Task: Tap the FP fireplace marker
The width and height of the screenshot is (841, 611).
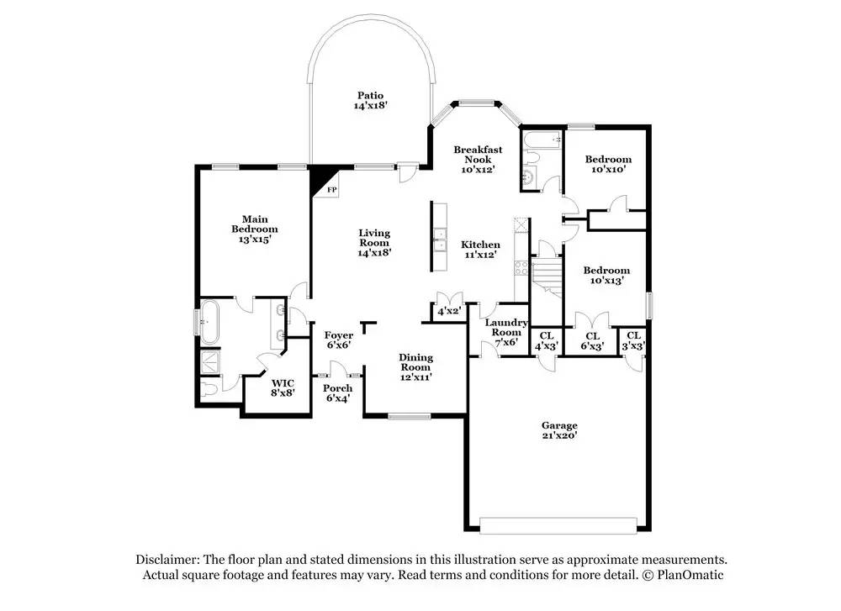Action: [x=332, y=190]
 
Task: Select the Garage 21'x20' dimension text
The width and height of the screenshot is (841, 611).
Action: [x=559, y=435]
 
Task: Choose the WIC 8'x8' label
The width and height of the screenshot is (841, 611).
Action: [x=283, y=388]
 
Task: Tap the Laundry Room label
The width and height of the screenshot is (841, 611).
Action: [x=506, y=328]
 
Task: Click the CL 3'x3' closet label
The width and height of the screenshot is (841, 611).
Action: [x=633, y=341]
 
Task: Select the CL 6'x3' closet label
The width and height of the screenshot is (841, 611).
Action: [x=593, y=341]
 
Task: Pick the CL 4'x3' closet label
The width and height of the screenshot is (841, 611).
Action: [x=547, y=341]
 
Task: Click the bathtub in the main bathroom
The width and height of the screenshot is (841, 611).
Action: [x=209, y=322]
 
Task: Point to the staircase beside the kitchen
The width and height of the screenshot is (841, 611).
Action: [x=546, y=277]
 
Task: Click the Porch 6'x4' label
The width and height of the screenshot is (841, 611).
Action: [x=338, y=392]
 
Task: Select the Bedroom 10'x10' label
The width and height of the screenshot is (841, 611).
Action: [x=608, y=164]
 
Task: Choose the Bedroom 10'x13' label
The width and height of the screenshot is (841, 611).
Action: [x=606, y=275]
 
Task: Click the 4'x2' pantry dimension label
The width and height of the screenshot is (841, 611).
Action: [x=449, y=311]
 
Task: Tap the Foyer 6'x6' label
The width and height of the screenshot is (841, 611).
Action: [x=338, y=340]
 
